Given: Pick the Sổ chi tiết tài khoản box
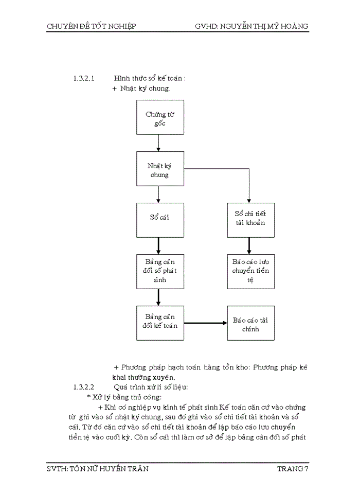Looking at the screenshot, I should [249, 220].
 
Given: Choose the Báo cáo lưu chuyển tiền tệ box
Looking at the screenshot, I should [249, 271].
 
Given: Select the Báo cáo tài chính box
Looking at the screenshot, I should [249, 323].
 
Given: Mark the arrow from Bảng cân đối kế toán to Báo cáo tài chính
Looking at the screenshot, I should [206, 323].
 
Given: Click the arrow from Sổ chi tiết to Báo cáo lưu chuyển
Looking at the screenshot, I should [249, 245].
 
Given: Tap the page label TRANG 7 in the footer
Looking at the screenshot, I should [293, 469].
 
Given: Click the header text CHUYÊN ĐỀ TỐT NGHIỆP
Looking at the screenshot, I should [91, 26].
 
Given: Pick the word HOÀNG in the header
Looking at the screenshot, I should [294, 26].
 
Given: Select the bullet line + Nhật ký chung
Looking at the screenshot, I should [141, 89].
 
